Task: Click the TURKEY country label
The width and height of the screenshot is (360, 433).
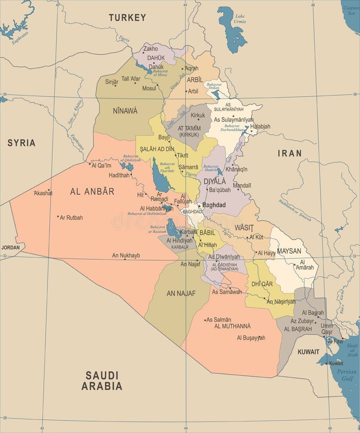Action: click(127, 18)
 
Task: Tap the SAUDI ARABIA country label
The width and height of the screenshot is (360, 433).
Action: click(101, 380)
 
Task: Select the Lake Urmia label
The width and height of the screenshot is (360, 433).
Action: click(239, 19)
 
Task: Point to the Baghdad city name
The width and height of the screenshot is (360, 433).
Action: click(214, 205)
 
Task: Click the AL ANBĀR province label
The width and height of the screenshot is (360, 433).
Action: click(92, 191)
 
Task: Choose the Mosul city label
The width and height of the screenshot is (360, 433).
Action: click(149, 89)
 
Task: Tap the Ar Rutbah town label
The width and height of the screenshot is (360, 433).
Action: click(71, 217)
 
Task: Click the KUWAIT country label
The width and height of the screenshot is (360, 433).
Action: click(308, 352)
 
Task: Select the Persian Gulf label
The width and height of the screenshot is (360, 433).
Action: click(347, 375)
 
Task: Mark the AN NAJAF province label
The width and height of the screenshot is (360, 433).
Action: click(181, 293)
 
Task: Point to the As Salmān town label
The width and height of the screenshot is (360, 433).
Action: click(219, 319)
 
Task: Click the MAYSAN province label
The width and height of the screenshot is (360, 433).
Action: click(289, 251)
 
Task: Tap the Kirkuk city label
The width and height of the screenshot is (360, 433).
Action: click(198, 115)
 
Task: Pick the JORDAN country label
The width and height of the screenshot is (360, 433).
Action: click(11, 247)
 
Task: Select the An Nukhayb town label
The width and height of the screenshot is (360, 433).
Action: click(126, 255)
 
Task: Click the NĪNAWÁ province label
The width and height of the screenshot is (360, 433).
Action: click(125, 111)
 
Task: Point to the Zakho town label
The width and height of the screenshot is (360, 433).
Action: click(150, 49)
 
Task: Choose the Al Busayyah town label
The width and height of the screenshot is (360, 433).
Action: click(251, 338)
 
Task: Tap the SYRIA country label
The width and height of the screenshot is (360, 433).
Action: click(21, 143)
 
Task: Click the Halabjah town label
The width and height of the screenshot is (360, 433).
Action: click(260, 127)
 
